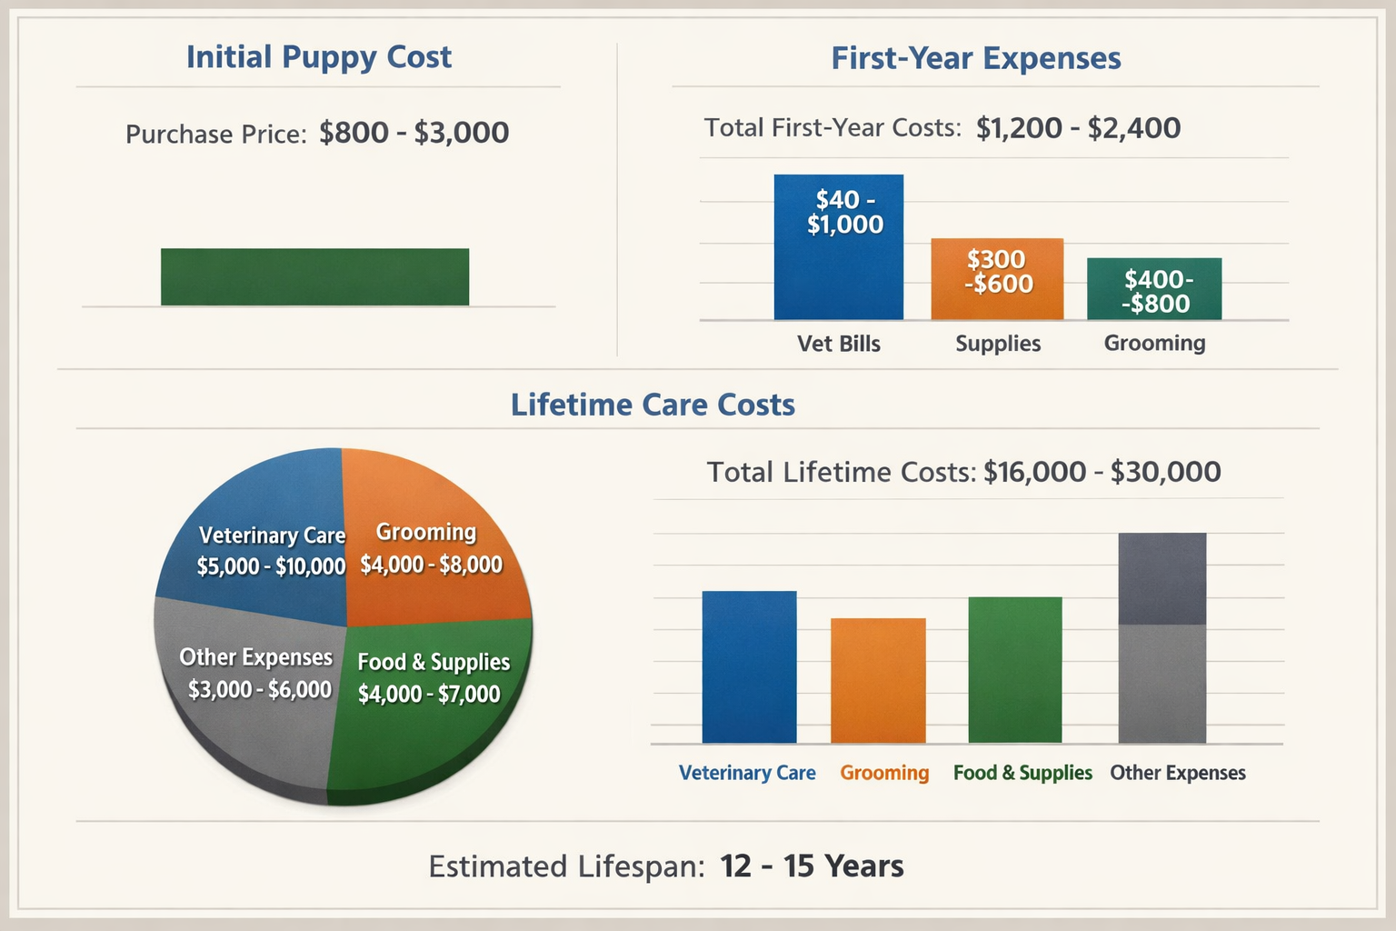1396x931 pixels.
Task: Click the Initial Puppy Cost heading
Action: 318,57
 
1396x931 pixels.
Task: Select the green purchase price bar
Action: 314,276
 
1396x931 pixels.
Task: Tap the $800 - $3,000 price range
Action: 414,133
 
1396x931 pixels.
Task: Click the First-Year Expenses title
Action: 975,58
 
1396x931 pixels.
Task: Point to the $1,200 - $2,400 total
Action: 1078,128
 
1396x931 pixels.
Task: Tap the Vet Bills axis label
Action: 838,344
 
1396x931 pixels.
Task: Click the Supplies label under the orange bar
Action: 997,344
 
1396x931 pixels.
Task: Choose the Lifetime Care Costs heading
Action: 652,405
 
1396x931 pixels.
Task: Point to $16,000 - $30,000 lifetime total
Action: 1102,472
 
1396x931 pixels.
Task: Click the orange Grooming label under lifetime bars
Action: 883,773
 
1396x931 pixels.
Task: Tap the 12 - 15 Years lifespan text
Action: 812,866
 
